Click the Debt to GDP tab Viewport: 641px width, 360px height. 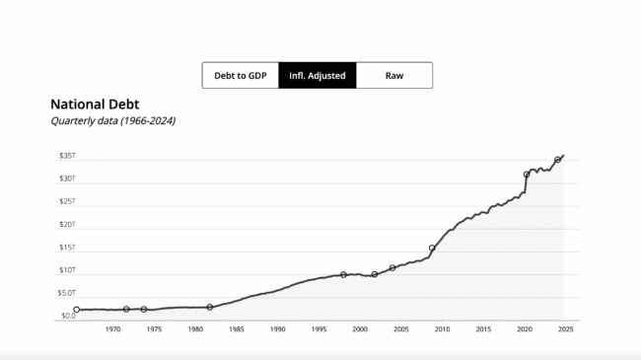(x=240, y=76)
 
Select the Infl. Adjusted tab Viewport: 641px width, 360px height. (x=317, y=76)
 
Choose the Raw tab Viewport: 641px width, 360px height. (x=393, y=76)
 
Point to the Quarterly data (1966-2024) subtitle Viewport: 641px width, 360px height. (x=112, y=120)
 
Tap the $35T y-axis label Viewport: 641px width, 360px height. (x=67, y=156)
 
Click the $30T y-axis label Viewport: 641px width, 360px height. (x=67, y=179)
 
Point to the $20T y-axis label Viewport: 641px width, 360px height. (x=67, y=224)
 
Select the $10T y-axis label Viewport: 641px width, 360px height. (x=67, y=270)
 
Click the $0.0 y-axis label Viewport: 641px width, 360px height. (x=67, y=316)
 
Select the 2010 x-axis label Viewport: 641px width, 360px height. (x=442, y=329)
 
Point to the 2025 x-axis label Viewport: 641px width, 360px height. (x=564, y=329)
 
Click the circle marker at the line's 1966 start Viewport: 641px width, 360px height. (x=77, y=310)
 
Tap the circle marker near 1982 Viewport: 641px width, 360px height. (x=210, y=307)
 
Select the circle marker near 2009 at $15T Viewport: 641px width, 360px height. (x=432, y=249)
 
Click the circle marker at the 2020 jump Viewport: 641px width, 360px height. (x=527, y=175)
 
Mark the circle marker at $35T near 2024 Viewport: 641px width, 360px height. (x=558, y=160)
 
